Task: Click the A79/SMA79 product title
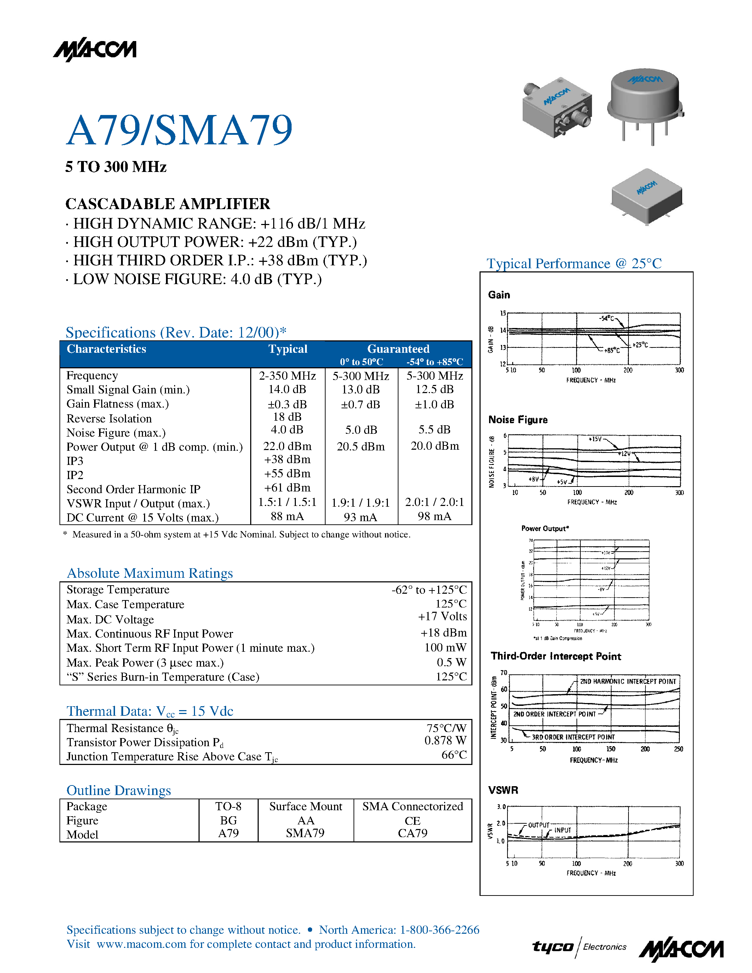pos(179,130)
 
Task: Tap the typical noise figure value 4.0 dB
pos(287,430)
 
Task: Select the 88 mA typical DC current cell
pos(287,516)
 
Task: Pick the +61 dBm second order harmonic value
pos(287,488)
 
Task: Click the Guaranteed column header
pos(398,349)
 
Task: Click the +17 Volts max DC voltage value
pos(442,617)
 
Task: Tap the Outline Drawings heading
pos(119,790)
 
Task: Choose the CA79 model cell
pos(413,833)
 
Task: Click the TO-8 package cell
pos(228,806)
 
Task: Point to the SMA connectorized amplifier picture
pos(557,107)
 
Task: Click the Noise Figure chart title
pos(518,420)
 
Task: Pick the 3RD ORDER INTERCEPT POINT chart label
pos(573,737)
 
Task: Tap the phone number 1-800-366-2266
pos(439,930)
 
